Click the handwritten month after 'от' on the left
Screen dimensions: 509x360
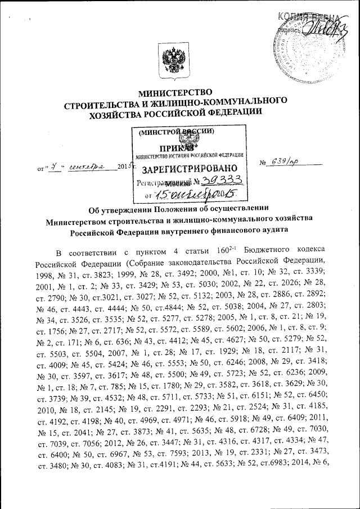tap(87, 167)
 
